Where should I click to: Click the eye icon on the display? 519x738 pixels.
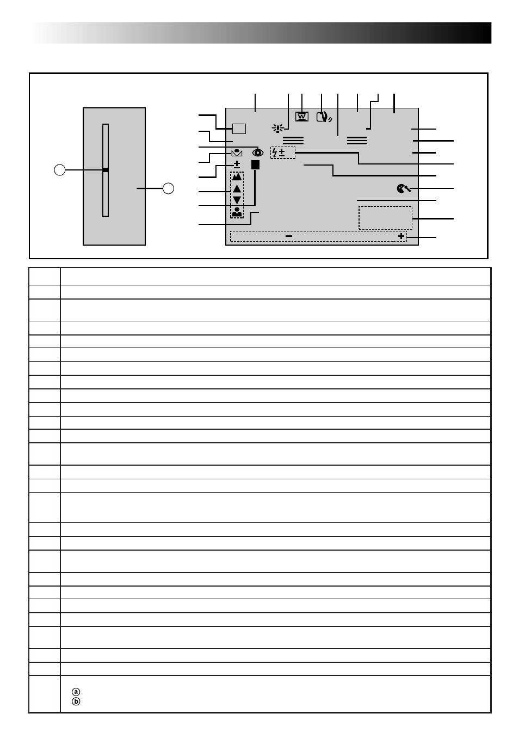click(258, 153)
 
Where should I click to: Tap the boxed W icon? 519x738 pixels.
click(302, 117)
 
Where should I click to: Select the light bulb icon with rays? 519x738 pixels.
click(278, 128)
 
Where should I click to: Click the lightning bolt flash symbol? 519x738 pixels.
click(275, 153)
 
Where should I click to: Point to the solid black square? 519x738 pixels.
click(255, 164)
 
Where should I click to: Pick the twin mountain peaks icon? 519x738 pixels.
click(237, 177)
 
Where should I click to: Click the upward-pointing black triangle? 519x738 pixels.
click(237, 189)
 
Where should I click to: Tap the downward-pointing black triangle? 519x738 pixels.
click(237, 200)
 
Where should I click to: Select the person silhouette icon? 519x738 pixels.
click(237, 212)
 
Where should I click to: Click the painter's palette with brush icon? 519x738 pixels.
click(404, 188)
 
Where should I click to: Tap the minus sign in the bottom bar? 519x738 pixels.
click(289, 236)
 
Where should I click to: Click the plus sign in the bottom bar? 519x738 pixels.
click(401, 236)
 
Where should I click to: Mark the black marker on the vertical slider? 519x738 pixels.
click(106, 170)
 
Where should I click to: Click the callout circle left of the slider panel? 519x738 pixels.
click(59, 170)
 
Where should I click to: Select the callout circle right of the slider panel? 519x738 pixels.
click(169, 188)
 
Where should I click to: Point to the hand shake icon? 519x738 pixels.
click(324, 117)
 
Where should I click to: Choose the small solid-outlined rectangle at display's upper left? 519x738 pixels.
click(239, 129)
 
